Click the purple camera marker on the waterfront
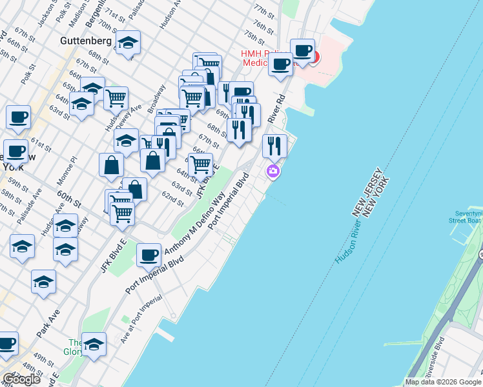click(273, 171)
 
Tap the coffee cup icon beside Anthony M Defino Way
click(149, 255)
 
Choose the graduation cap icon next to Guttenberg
click(128, 43)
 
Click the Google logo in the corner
click(21, 379)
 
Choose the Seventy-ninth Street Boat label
click(466, 216)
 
